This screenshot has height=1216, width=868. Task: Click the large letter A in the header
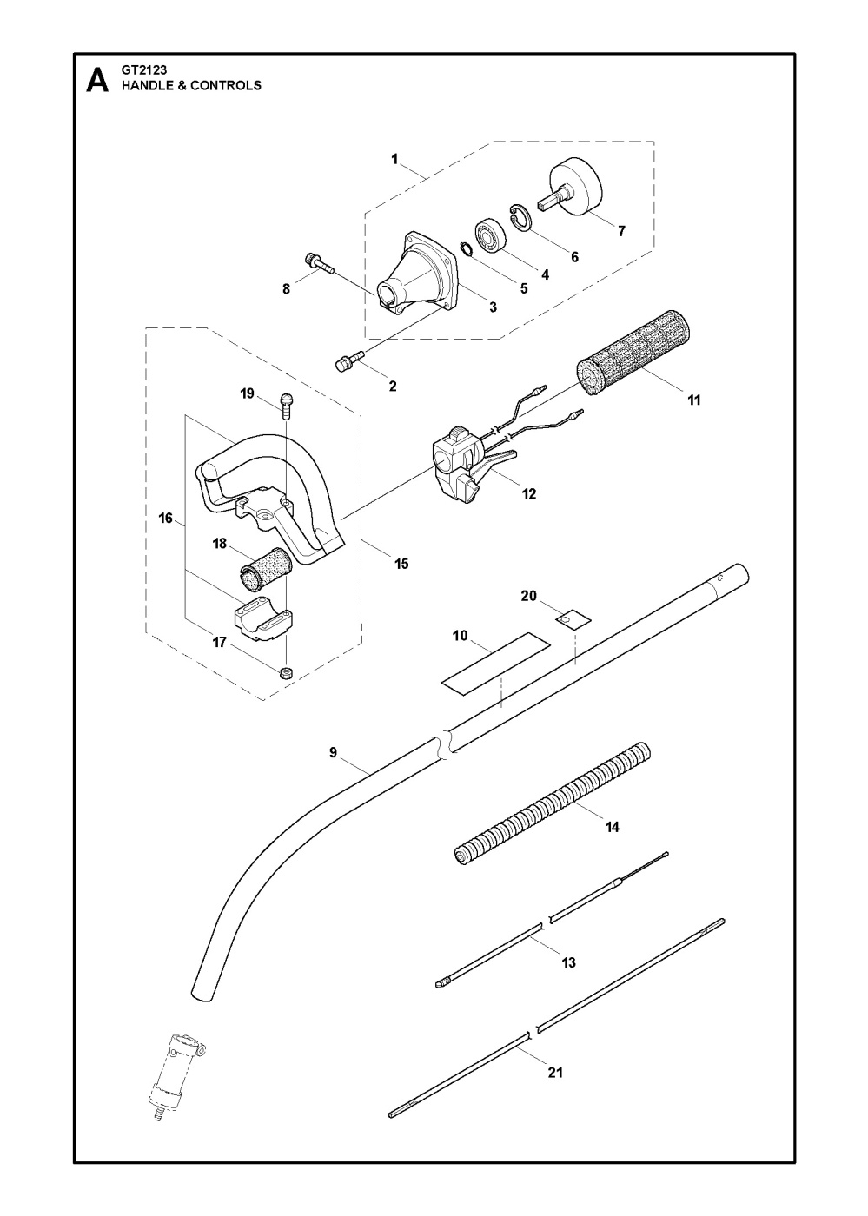(x=97, y=82)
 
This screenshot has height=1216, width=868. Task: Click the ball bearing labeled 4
(x=490, y=237)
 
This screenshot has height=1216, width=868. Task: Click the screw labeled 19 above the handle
(x=287, y=401)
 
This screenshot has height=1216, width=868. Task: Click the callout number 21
(x=555, y=1072)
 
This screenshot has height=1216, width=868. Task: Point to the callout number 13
(x=569, y=962)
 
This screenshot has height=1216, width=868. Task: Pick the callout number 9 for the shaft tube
(x=333, y=752)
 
